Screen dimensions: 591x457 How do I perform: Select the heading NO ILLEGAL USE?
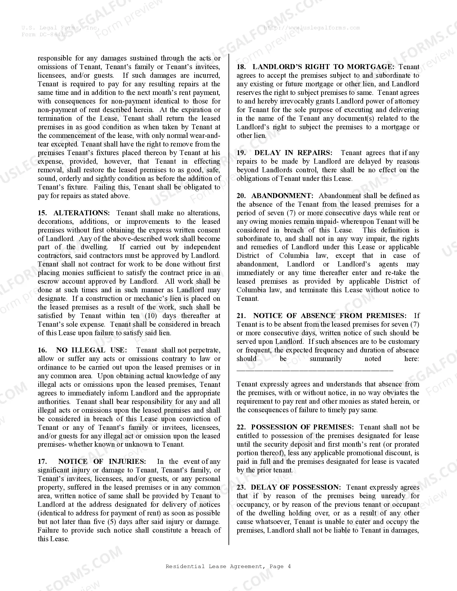(x=91, y=350)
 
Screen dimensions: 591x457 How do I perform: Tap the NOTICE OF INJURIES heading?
(x=102, y=461)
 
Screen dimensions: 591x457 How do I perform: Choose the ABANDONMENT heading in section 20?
(x=282, y=196)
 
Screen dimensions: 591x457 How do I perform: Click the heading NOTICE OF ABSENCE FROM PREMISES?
(x=330, y=316)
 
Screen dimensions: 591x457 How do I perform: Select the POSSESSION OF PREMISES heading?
(x=302, y=427)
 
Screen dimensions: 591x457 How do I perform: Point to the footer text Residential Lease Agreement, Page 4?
(x=228, y=566)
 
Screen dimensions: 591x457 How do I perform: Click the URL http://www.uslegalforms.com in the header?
(x=311, y=28)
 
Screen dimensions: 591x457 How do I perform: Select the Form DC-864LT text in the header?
(x=44, y=34)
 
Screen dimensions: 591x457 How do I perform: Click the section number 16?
(x=42, y=350)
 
